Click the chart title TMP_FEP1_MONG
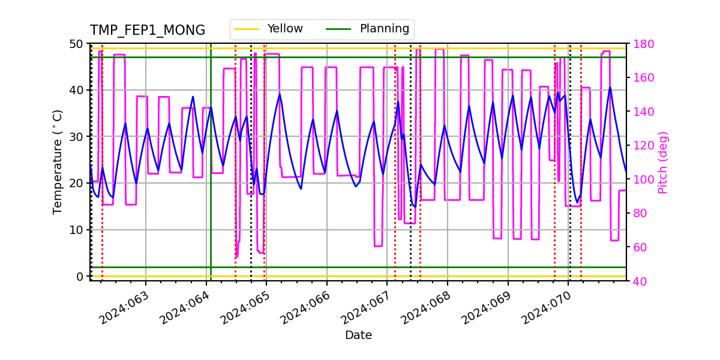147,31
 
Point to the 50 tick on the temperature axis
77,44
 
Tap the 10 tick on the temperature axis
77,230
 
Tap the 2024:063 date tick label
124,308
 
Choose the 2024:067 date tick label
366,308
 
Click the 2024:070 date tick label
547,308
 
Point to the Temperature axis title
58,161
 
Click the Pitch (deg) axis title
662,162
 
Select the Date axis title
358,335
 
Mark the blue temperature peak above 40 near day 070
610,88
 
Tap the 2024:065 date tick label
245,308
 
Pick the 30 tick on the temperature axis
77,137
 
